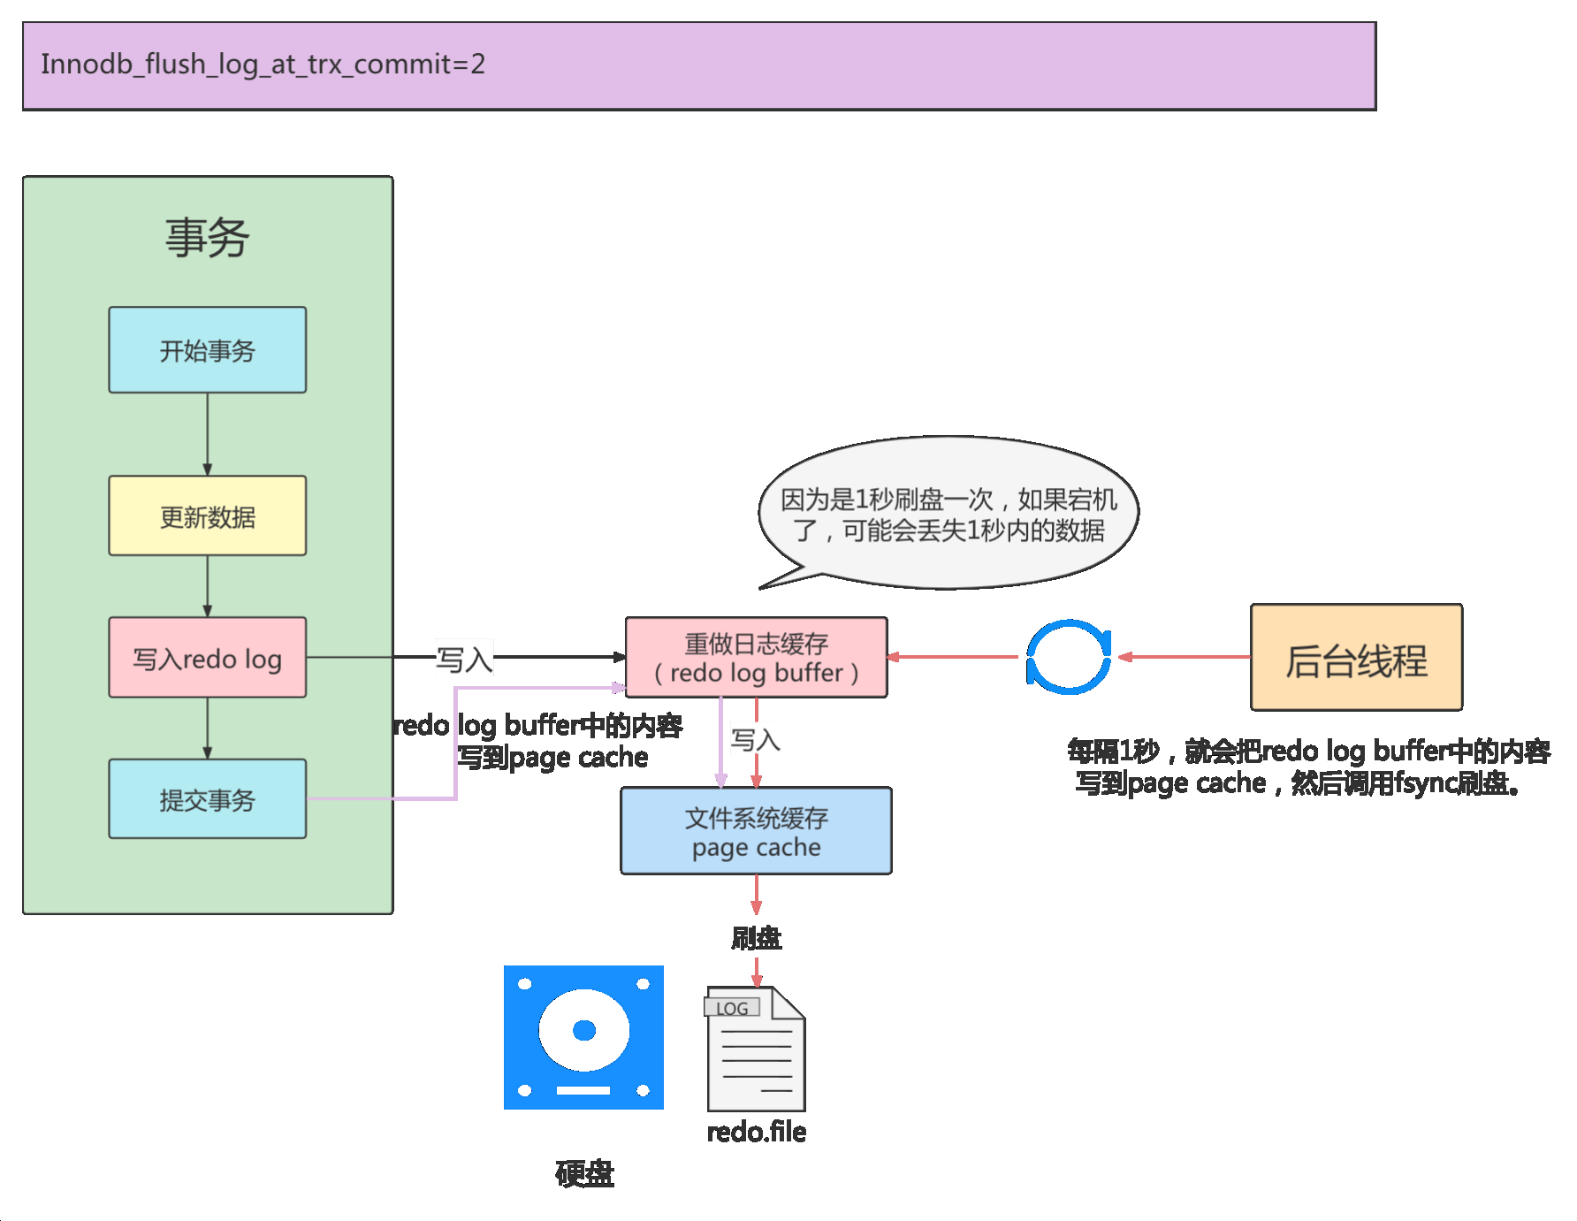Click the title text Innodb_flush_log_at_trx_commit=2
point(263,65)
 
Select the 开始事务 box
point(208,350)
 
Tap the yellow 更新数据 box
point(208,516)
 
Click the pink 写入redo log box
point(208,658)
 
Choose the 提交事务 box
point(208,799)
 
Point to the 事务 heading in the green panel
point(208,238)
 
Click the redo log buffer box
point(756,658)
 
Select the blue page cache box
point(756,831)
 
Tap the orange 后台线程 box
point(1356,658)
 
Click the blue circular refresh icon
point(1068,657)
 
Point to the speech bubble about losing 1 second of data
point(948,514)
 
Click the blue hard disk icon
point(583,1037)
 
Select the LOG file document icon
point(756,1050)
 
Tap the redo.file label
point(756,1132)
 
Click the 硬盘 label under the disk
point(584,1173)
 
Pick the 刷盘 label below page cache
point(756,938)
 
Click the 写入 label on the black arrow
point(464,659)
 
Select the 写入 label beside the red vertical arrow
point(756,739)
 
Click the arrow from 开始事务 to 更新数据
point(208,434)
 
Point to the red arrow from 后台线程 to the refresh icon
point(1185,657)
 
